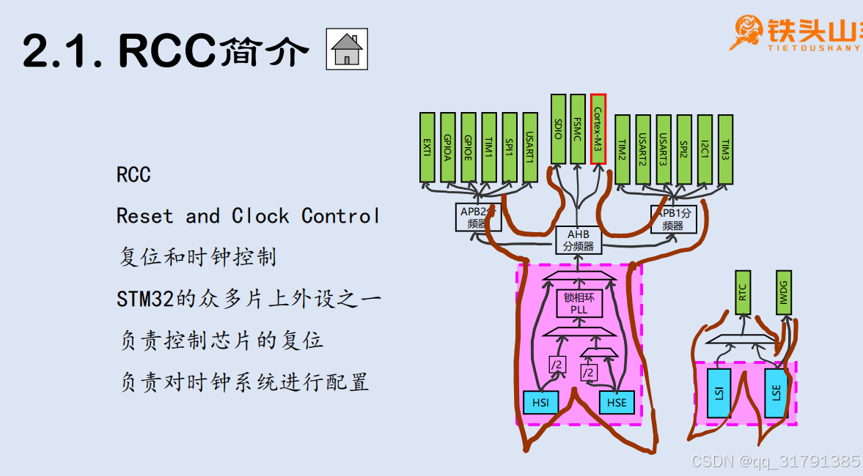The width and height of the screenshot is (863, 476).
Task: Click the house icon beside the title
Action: (346, 51)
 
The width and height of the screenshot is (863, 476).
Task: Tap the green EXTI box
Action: (427, 147)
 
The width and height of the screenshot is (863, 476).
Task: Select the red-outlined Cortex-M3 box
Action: (598, 128)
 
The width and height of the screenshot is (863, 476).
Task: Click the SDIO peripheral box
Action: (559, 128)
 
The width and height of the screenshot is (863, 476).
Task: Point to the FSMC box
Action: (578, 128)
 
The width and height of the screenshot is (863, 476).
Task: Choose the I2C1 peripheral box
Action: (705, 149)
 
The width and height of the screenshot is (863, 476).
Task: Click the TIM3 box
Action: (725, 149)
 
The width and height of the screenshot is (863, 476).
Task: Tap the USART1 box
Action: (530, 147)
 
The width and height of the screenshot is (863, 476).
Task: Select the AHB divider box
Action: (579, 240)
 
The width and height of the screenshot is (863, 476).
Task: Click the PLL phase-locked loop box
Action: (579, 304)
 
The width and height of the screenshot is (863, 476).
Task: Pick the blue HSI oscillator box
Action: (540, 402)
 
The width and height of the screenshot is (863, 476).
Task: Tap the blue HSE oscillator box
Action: (617, 402)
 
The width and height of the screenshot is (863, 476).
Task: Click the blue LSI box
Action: (719, 393)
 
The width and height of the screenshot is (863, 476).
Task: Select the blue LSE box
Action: (776, 393)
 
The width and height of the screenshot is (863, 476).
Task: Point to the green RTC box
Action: (743, 292)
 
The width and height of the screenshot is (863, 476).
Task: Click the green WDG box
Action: (784, 292)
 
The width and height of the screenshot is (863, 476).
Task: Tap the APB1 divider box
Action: (674, 219)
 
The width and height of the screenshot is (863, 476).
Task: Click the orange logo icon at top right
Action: (747, 32)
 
